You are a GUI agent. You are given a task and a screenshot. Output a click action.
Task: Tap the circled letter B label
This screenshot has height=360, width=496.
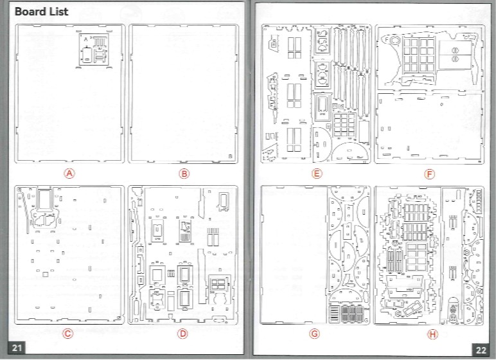pos(184,173)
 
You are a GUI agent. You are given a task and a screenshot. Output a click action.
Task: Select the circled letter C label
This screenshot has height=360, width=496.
pos(68,333)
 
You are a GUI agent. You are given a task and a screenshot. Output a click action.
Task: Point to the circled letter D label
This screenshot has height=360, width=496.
pos(183,333)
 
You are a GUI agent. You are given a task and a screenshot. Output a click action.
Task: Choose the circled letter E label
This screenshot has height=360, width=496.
pos(315,174)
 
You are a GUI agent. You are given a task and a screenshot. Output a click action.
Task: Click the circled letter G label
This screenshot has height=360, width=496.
pos(314,334)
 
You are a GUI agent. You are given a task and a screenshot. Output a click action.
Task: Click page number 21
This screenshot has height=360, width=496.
pos(17,348)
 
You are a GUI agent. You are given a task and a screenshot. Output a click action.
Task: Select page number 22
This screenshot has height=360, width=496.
pos(481,349)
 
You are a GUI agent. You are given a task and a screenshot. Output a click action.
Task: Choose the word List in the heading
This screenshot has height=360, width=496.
pos(58,12)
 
